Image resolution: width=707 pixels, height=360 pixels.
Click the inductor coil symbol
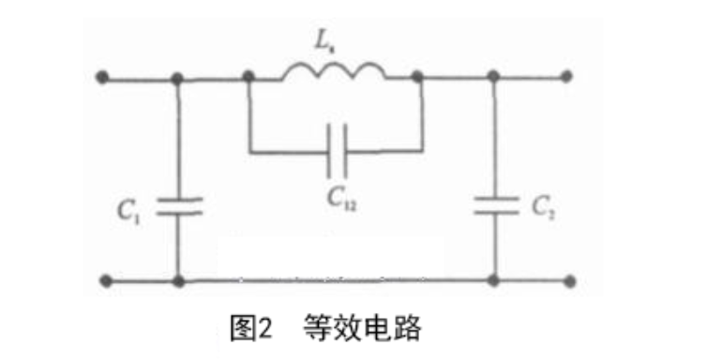tap(334, 70)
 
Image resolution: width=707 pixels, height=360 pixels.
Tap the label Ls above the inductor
tap(323, 41)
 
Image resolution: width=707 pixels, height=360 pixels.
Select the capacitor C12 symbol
tap(338, 151)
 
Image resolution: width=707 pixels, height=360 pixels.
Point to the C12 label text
tap(341, 198)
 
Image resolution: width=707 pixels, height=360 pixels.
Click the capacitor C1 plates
tap(179, 206)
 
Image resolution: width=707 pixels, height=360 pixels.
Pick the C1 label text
tap(129, 211)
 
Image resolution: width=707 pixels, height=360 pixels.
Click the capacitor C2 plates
tap(496, 205)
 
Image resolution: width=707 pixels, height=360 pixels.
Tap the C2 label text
tap(543, 208)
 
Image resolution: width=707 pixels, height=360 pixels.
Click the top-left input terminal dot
tap(102, 77)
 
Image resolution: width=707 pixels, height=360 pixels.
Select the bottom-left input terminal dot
tap(106, 281)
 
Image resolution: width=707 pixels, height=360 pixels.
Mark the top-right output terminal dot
tap(566, 77)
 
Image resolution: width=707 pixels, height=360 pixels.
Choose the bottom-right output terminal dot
tap(570, 281)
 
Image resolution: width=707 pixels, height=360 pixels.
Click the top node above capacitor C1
tap(177, 79)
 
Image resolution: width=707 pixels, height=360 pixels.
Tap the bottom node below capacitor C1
tap(179, 281)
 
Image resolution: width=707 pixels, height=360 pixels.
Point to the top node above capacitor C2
tap(494, 76)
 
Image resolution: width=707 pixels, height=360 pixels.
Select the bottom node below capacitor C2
tap(494, 280)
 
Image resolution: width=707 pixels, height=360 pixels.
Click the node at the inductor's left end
tap(248, 77)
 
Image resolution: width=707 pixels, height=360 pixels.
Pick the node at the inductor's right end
tap(417, 76)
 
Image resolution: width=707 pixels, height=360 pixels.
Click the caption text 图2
tap(251, 328)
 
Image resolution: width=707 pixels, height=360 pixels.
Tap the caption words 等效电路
tap(363, 327)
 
